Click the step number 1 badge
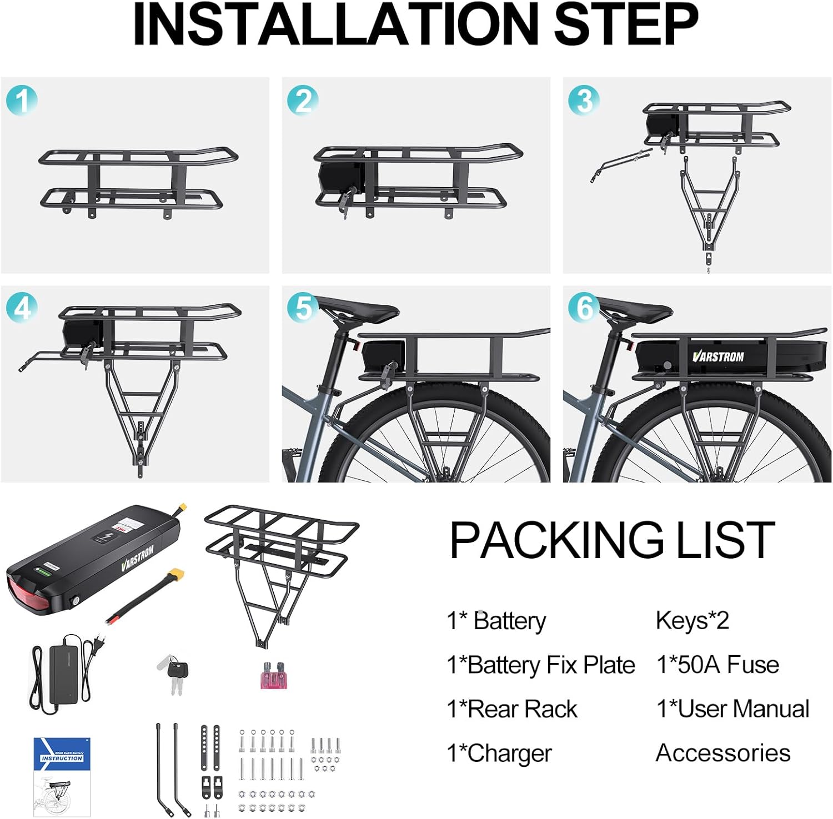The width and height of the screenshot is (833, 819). [x=22, y=101]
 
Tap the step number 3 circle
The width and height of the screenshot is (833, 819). [x=584, y=101]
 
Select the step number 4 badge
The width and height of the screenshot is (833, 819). [x=22, y=308]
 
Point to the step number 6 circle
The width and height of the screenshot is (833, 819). [x=584, y=308]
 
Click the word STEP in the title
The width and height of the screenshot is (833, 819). [x=626, y=25]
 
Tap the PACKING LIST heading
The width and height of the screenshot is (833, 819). [x=611, y=540]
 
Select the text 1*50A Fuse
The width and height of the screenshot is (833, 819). [x=717, y=665]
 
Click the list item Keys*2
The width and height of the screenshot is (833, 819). [x=692, y=620]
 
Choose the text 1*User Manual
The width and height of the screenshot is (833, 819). [x=732, y=709]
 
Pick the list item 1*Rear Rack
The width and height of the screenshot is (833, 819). [x=511, y=709]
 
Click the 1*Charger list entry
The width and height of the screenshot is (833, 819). [x=499, y=753]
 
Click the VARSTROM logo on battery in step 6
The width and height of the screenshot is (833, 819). [x=718, y=356]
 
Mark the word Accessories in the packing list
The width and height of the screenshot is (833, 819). [x=722, y=753]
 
